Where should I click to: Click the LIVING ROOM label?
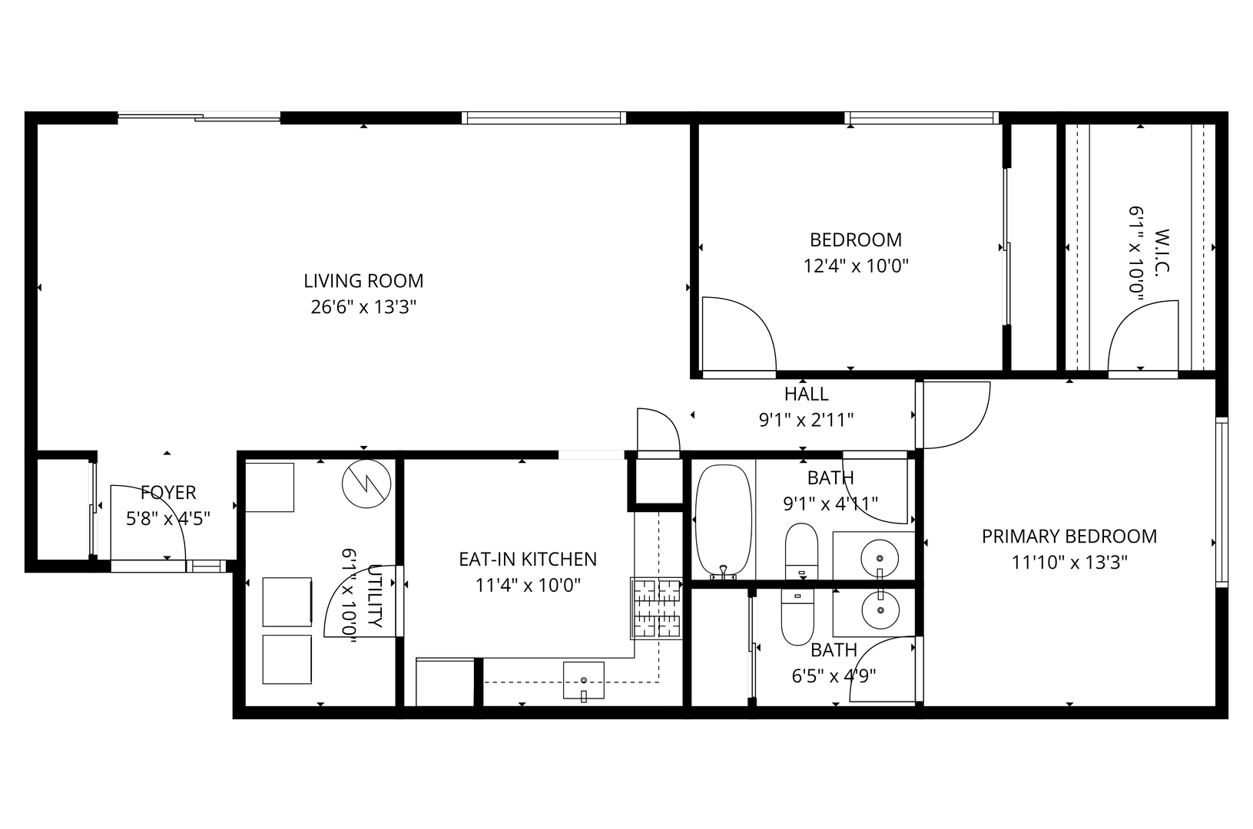363,281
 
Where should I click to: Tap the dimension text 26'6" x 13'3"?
363,307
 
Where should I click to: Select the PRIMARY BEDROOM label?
1069,536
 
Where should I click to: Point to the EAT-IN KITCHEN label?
528,559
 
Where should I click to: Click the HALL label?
806,394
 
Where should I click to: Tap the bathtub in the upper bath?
723,521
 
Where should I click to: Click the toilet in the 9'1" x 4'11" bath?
801,551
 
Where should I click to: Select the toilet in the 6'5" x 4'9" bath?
797,617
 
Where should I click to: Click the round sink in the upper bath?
880,559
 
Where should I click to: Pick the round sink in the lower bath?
880,610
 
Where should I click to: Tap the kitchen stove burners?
656,608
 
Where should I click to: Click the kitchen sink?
583,680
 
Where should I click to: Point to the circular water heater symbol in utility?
366,484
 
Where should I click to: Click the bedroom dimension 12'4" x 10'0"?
856,266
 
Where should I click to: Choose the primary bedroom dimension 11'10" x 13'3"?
1069,562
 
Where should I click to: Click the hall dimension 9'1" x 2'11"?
806,420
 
